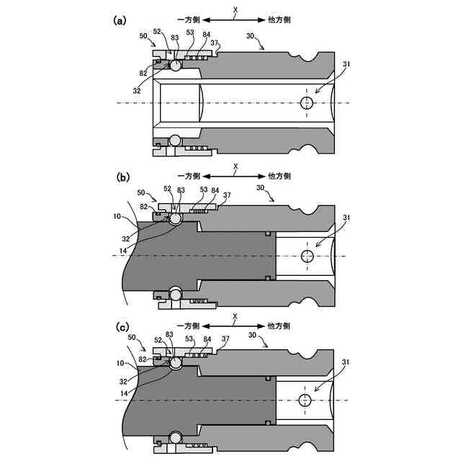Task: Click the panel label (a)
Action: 121,20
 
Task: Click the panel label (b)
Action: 122,176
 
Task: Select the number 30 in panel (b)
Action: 263,187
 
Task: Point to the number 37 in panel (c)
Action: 225,338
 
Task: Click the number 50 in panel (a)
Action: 143,35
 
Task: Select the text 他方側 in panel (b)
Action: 279,176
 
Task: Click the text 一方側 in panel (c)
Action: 189,326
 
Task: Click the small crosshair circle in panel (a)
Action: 307,103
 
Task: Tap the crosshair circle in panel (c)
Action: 305,399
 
